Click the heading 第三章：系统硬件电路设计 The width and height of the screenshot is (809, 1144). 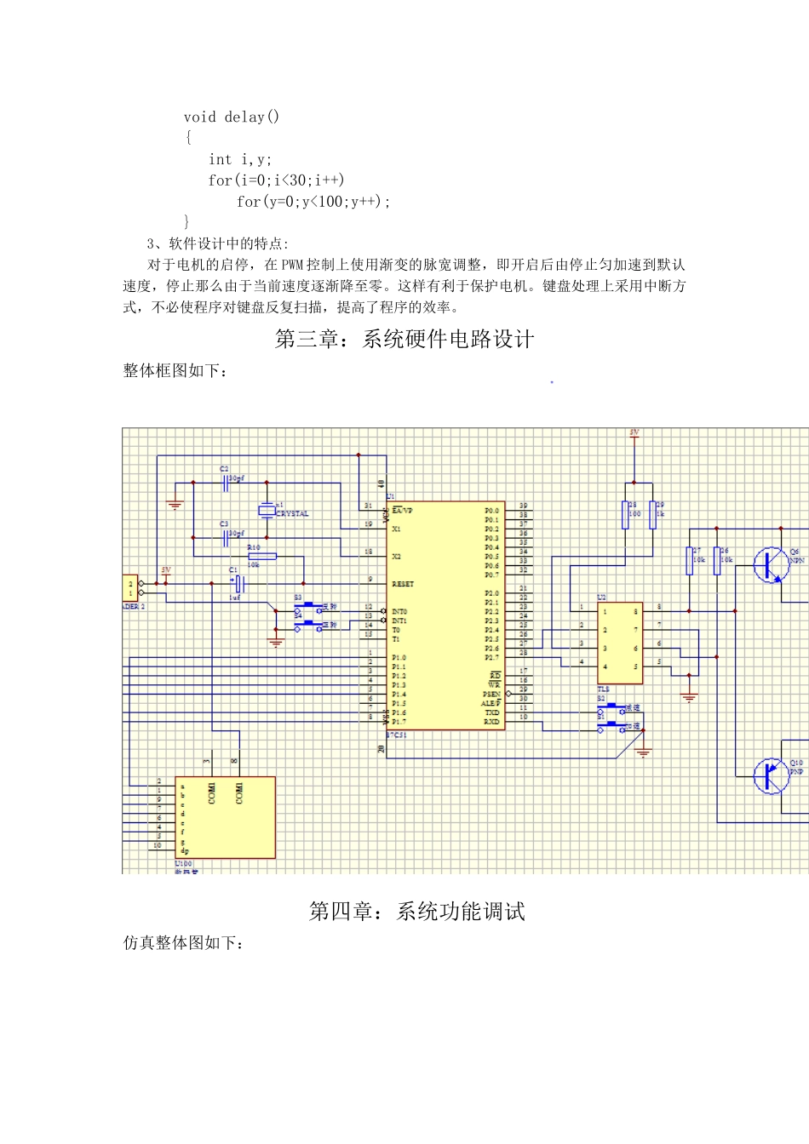pyautogui.click(x=404, y=340)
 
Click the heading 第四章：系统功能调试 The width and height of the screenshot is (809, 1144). pyautogui.click(x=416, y=912)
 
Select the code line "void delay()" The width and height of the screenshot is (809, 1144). pyautogui.click(x=231, y=117)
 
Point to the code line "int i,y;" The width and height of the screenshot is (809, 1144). pyautogui.click(x=240, y=159)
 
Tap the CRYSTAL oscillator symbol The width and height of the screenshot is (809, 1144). pyautogui.click(x=267, y=510)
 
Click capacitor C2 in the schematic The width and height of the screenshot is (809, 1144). pyautogui.click(x=227, y=483)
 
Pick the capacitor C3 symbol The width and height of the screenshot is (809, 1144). pyautogui.click(x=227, y=537)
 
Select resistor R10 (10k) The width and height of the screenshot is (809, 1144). pyautogui.click(x=262, y=557)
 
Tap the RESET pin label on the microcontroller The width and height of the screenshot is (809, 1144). pyautogui.click(x=403, y=584)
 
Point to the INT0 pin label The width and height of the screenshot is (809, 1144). pyautogui.click(x=399, y=611)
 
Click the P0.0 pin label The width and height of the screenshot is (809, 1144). pyautogui.click(x=492, y=511)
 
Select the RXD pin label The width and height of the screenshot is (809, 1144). pyautogui.click(x=492, y=722)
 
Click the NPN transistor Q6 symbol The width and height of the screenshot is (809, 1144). pyautogui.click(x=771, y=564)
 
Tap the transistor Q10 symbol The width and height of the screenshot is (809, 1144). pyautogui.click(x=771, y=776)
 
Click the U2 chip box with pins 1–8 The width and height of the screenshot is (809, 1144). pyautogui.click(x=620, y=643)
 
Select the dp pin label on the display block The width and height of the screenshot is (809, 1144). pyautogui.click(x=184, y=850)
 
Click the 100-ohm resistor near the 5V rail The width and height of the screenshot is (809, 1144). pyautogui.click(x=626, y=515)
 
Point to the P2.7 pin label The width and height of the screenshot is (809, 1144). pyautogui.click(x=492, y=657)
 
